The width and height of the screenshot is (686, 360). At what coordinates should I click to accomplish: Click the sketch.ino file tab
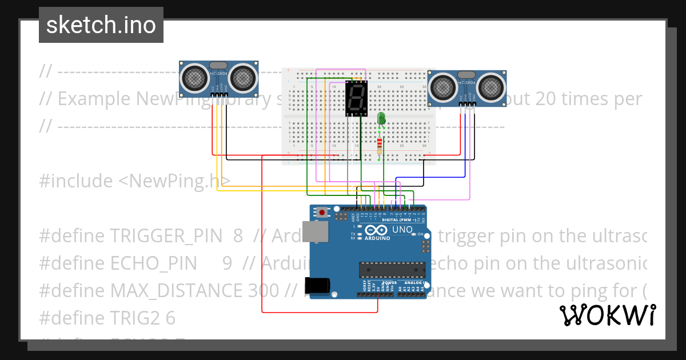click(x=101, y=25)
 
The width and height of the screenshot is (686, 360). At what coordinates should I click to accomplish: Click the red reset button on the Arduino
click(x=322, y=213)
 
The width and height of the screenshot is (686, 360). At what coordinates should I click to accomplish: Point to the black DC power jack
click(x=317, y=286)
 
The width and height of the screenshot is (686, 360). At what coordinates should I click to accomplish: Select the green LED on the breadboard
click(x=381, y=119)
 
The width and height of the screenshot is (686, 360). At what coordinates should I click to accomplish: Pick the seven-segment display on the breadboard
click(x=357, y=98)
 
